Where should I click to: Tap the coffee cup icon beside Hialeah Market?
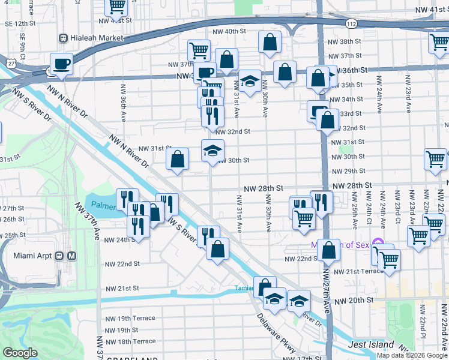point(62,64)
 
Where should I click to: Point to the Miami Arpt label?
point(32,256)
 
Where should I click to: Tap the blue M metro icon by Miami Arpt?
point(71,256)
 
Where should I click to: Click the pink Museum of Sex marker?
point(378,244)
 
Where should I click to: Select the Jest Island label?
point(372,344)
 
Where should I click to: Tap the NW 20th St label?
point(354,300)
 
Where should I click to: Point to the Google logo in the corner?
point(20,353)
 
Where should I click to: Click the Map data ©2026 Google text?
point(411,355)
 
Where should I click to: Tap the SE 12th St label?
point(20,23)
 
